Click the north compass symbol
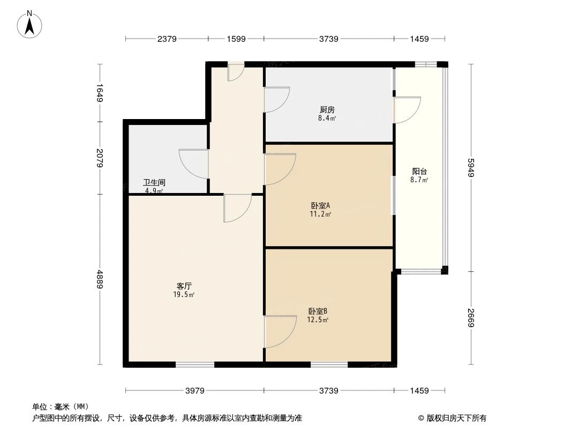[x=30, y=24]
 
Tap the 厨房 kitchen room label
[x=327, y=110]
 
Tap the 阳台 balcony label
[x=419, y=172]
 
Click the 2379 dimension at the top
[x=167, y=39]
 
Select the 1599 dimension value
[x=236, y=39]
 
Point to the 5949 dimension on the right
[x=471, y=167]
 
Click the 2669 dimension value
[x=471, y=317]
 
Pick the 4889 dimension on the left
[x=99, y=279]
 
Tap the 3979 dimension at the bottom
[x=195, y=391]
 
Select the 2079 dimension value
[x=99, y=158]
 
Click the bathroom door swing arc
[x=192, y=162]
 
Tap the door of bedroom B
[x=280, y=331]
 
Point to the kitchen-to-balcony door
[x=407, y=110]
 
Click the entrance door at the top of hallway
[x=236, y=72]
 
